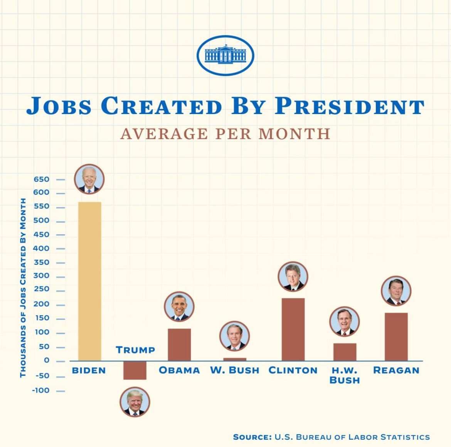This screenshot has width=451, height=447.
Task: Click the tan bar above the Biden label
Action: click(89, 281)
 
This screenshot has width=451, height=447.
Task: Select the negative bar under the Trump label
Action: click(135, 370)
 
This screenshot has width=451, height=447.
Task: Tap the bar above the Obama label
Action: click(179, 344)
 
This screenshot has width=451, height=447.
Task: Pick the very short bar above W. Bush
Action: click(234, 360)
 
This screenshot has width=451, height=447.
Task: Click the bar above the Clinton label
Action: click(293, 329)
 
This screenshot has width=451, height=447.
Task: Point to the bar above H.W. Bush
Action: click(345, 352)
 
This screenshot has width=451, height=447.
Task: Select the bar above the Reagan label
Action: click(396, 337)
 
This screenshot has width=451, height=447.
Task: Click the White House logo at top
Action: click(225, 55)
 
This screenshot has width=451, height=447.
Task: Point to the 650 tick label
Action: click(41, 179)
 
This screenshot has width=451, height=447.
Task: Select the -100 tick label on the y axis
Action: click(40, 390)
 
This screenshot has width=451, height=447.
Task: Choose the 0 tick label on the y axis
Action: click(47, 360)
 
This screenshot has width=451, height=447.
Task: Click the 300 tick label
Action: click(41, 276)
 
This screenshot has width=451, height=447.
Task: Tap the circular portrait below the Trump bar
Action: click(135, 402)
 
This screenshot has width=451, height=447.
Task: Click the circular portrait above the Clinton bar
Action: click(293, 277)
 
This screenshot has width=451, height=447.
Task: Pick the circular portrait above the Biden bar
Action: click(89, 179)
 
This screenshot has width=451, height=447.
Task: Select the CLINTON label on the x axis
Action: click(293, 370)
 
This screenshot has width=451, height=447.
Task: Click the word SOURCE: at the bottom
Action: click(252, 437)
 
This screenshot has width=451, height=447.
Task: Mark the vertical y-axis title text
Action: click(23, 287)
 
